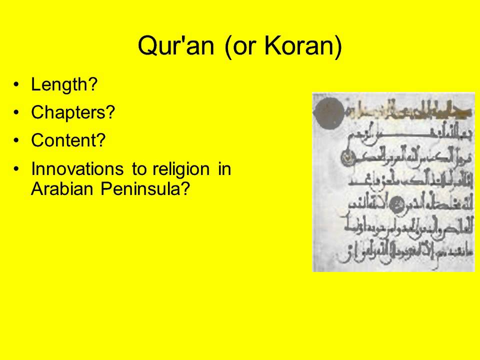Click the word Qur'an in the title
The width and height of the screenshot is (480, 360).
176,46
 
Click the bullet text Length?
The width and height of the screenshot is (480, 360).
63,85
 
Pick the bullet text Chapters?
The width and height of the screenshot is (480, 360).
73,113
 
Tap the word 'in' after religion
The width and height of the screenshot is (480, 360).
224,169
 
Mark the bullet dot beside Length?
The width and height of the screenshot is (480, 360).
18,85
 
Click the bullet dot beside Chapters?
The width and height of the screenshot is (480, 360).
18,113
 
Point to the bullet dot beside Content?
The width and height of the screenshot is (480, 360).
18,141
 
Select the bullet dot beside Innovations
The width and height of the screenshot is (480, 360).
18,169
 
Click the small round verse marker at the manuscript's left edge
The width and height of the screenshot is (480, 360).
345,159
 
